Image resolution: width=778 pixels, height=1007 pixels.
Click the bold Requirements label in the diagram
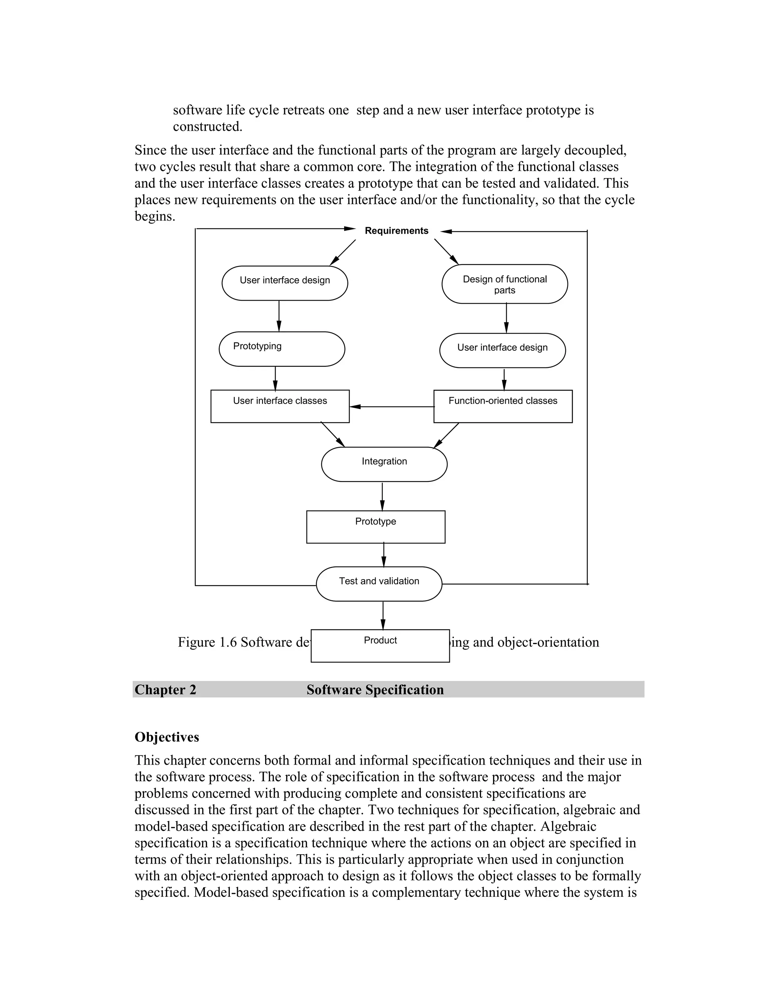pos(396,231)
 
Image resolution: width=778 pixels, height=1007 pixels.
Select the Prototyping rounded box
pos(281,349)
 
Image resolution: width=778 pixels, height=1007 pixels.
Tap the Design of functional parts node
pos(505,284)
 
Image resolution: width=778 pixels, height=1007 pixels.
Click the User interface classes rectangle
pos(280,406)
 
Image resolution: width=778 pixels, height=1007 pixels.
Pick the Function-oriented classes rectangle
pos(503,406)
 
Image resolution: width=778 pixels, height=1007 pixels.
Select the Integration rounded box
pos(384,464)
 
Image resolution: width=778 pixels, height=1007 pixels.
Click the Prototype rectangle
pos(376,527)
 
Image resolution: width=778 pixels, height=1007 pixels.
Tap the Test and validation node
pos(379,584)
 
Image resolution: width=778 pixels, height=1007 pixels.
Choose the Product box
pos(380,646)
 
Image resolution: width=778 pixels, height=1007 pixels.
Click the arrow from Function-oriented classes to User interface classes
pos(392,407)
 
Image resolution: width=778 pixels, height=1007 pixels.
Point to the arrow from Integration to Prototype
pos(382,496)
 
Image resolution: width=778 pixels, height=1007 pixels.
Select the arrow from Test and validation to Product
pos(383,615)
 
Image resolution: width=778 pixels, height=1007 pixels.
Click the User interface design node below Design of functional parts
pos(502,350)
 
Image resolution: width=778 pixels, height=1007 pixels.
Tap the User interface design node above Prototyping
pos(285,283)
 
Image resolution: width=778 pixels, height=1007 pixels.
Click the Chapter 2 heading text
pos(166,690)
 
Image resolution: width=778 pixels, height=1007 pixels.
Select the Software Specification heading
pos(375,690)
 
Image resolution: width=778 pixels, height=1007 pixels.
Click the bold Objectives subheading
pos(167,737)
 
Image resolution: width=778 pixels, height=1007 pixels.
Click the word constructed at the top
pos(207,126)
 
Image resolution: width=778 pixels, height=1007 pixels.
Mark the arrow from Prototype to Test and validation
pos(383,555)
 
